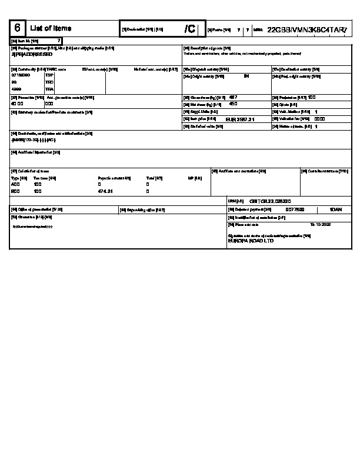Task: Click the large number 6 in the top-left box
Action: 18,28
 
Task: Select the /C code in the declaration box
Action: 189,29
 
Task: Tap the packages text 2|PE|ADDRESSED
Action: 28,54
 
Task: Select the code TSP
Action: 49,75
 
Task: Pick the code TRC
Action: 49,82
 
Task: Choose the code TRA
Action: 49,89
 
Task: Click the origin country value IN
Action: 246,76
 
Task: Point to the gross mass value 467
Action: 233,96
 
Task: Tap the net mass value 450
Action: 233,104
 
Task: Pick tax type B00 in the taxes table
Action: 15,191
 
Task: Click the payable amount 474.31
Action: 105,191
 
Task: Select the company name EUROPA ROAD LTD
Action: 251,241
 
